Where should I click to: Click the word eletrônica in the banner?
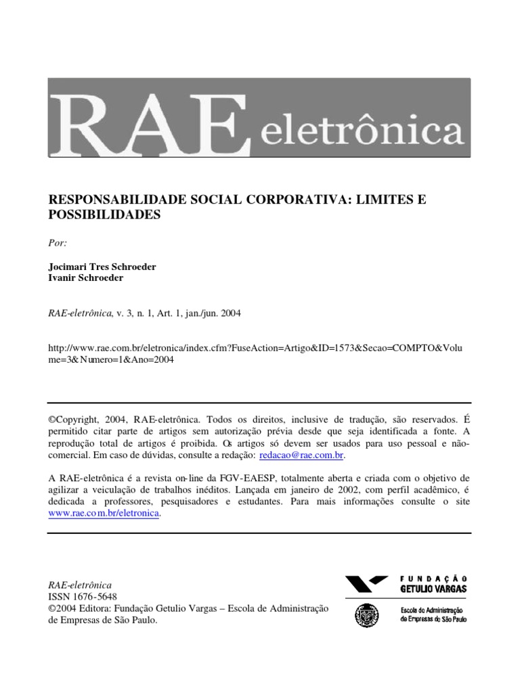(362, 129)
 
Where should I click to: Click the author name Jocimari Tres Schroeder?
(102, 267)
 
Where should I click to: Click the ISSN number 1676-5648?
(93, 596)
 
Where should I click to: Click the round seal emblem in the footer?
(367, 615)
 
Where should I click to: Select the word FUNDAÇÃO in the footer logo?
(433, 579)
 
